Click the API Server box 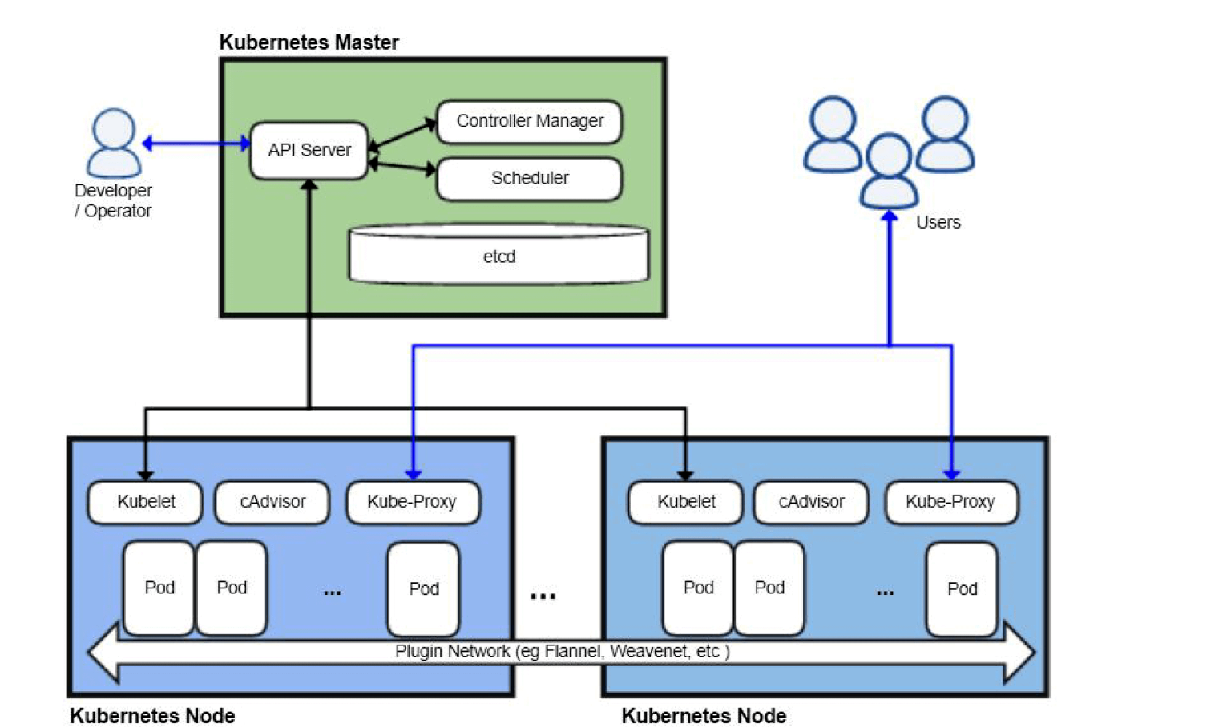309,150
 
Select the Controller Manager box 529,121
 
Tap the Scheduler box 529,178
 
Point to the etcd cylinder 498,256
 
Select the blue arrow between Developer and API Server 196,144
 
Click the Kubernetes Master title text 309,42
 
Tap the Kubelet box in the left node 145,502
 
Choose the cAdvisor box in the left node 272,502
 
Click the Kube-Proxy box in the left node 412,502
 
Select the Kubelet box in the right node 686,502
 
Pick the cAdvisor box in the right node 811,502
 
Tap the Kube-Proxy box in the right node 950,502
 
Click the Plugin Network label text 562,651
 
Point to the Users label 938,222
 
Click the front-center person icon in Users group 889,170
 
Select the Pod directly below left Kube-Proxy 423,588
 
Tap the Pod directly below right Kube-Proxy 962,588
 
